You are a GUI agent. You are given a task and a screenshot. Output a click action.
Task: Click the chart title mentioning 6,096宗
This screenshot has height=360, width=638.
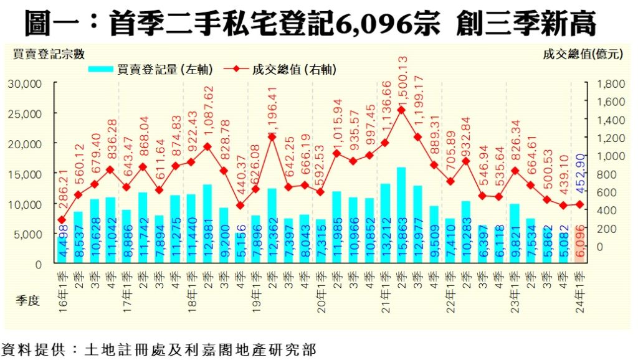click(310, 24)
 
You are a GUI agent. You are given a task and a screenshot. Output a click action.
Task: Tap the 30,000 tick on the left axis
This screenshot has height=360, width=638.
click(25, 83)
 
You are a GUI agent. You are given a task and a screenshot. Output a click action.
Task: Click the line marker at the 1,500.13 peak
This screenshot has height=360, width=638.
click(401, 110)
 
